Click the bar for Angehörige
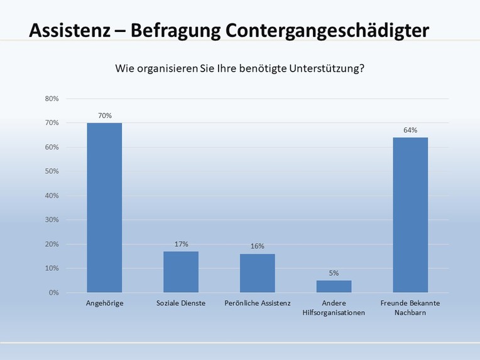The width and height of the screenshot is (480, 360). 104,207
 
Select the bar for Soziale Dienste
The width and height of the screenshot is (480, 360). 181,271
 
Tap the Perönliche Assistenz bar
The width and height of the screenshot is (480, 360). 258,273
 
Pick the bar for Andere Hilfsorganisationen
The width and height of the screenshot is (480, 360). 334,286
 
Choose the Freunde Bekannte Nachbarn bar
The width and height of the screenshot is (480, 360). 410,215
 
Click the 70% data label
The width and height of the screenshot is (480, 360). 104,116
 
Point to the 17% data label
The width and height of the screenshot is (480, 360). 181,244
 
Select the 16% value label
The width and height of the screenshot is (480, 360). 258,246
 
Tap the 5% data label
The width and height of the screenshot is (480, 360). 334,273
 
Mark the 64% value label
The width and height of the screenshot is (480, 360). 410,130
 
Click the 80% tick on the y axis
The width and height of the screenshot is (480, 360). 52,99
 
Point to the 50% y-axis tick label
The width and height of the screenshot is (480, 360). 52,172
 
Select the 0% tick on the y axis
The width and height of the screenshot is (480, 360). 53,293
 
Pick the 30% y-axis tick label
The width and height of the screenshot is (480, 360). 52,220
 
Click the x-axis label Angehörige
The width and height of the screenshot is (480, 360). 104,303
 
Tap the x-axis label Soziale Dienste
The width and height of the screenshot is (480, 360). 181,303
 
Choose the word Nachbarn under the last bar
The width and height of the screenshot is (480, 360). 411,312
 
